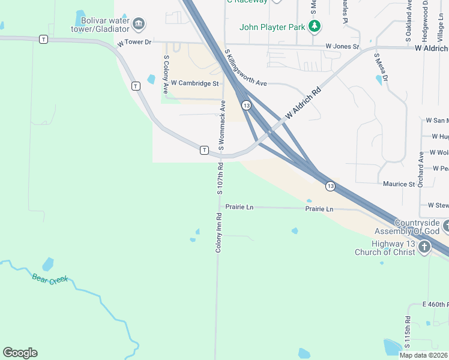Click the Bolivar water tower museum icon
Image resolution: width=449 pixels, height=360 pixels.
139,24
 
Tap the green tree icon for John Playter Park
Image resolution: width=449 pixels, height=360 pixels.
314,26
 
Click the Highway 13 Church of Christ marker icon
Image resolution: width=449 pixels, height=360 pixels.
424,247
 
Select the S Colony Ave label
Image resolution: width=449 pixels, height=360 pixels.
166,74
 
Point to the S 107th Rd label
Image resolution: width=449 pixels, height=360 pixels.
220,179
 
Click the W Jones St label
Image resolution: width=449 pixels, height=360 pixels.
342,46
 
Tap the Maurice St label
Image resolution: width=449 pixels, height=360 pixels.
399,184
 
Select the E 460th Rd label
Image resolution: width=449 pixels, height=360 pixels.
435,305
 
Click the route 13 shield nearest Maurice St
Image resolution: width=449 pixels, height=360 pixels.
331,186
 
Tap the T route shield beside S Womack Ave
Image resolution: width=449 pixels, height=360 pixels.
204,149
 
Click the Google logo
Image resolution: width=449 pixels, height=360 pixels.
20,352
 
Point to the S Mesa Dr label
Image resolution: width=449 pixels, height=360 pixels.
381,67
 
